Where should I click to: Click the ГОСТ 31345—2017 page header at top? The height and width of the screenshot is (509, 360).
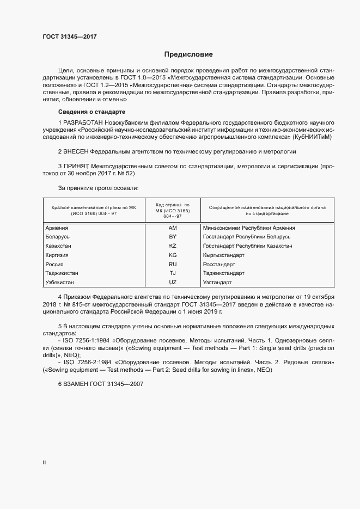70,37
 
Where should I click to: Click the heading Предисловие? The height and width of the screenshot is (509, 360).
188,54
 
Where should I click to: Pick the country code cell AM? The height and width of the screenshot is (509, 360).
173,228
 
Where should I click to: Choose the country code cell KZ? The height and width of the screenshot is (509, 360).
173,246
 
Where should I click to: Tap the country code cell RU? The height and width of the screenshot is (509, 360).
173,264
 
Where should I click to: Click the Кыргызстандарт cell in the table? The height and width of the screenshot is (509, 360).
223,255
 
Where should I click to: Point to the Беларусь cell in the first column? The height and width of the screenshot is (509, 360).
57,237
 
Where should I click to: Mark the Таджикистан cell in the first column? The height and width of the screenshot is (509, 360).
62,273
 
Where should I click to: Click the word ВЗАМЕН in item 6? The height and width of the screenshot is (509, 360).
77,384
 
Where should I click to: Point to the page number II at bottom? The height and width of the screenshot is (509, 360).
44,463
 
